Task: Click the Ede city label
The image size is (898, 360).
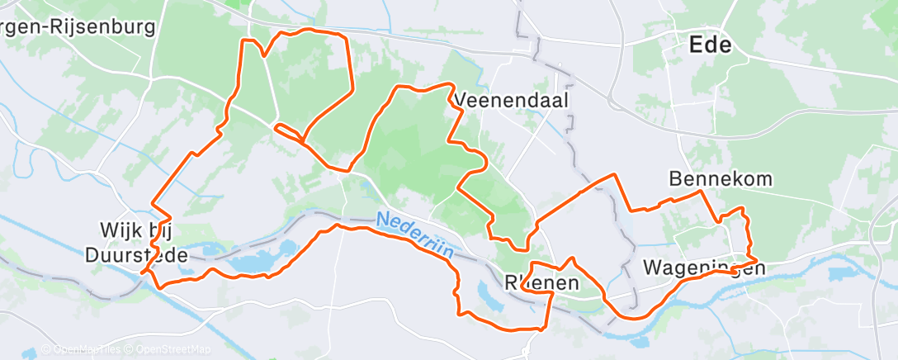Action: [x=710, y=45]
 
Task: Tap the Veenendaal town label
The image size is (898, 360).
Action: [x=513, y=99]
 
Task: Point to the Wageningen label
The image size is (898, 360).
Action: [x=700, y=268]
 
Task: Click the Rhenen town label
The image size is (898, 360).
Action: [x=541, y=283]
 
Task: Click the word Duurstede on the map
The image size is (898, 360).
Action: [x=136, y=255]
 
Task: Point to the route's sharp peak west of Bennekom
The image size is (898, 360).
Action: [x=614, y=175]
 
